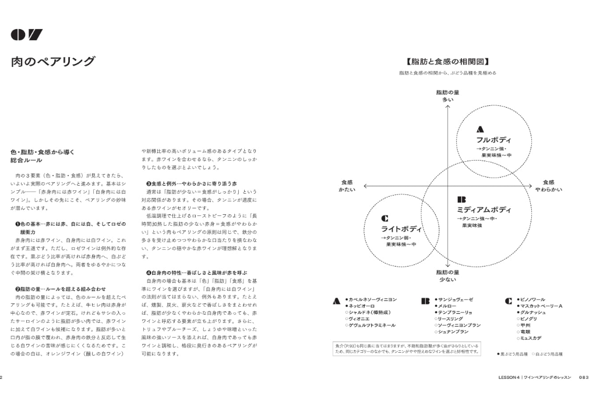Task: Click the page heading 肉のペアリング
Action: [53, 61]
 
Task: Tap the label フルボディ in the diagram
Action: [493, 140]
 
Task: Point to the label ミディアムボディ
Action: [484, 210]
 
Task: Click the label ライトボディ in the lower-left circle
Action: [402, 229]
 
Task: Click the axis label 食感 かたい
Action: [347, 186]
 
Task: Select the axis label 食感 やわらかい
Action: [548, 186]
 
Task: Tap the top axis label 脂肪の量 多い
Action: [447, 96]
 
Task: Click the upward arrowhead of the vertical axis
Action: [447, 107]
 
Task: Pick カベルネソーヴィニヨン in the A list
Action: [373, 299]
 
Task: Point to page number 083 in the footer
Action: [584, 377]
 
